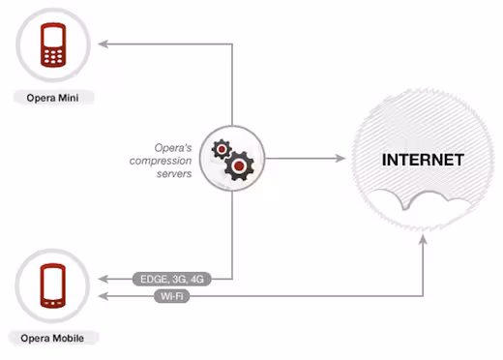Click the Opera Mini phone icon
[53, 45]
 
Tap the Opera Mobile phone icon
[53, 285]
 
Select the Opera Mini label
[52, 98]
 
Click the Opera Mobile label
[52, 338]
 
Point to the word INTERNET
[423, 160]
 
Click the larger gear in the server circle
[239, 165]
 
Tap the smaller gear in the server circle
[222, 149]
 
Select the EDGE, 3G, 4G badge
[172, 279]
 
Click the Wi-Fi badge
[172, 296]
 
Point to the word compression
[161, 161]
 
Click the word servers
[174, 174]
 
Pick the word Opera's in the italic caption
[173, 148]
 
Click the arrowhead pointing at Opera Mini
[104, 44]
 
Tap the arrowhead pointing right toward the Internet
[340, 158]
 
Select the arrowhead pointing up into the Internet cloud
[423, 239]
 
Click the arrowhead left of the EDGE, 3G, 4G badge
[104, 279]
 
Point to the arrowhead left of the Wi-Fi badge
[104, 296]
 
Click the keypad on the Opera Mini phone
[53, 56]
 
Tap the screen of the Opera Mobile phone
[53, 284]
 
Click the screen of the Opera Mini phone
[53, 37]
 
